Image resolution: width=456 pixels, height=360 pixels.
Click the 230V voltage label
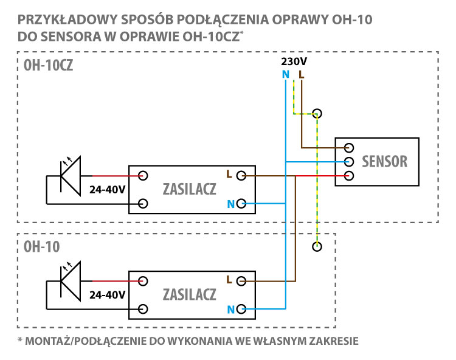[294, 61]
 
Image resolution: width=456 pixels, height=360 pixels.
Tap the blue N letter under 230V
[286, 75]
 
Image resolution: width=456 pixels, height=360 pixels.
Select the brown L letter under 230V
[302, 75]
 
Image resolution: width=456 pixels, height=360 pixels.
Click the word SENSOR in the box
[384, 161]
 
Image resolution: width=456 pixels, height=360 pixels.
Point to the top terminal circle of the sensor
[349, 148]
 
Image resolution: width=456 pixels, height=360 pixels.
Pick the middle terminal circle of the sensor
[349, 162]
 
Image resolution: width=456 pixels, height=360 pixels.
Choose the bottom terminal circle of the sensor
[349, 176]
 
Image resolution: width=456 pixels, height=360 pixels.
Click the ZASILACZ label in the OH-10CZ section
[189, 189]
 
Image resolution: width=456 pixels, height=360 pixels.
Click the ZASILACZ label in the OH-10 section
[189, 294]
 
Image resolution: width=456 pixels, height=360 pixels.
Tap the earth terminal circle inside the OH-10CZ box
[317, 113]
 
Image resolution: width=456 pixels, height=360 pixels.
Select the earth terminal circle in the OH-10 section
[317, 247]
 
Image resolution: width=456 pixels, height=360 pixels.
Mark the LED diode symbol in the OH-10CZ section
[71, 176]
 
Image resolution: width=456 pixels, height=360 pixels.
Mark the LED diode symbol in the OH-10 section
[71, 282]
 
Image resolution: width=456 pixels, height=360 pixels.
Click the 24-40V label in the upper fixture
[107, 190]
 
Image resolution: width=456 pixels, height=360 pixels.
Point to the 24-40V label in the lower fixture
[107, 295]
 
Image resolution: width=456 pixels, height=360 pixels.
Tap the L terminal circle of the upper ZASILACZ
[241, 176]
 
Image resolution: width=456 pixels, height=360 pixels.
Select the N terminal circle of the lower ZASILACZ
[241, 309]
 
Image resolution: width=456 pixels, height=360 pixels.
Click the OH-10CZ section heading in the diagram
[48, 65]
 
